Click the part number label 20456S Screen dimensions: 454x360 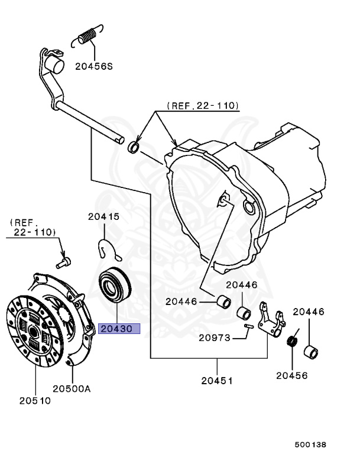[93, 66]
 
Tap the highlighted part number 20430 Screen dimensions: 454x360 [119, 329]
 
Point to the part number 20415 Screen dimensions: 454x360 [104, 217]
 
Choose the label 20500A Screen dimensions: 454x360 [72, 388]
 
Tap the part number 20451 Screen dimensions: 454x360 [216, 381]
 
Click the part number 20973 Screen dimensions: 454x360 [214, 338]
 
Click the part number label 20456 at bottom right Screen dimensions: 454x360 [292, 375]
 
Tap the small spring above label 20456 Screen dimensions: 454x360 [291, 342]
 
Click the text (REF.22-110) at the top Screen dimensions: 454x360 [203, 106]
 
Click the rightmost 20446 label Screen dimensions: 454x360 [309, 312]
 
